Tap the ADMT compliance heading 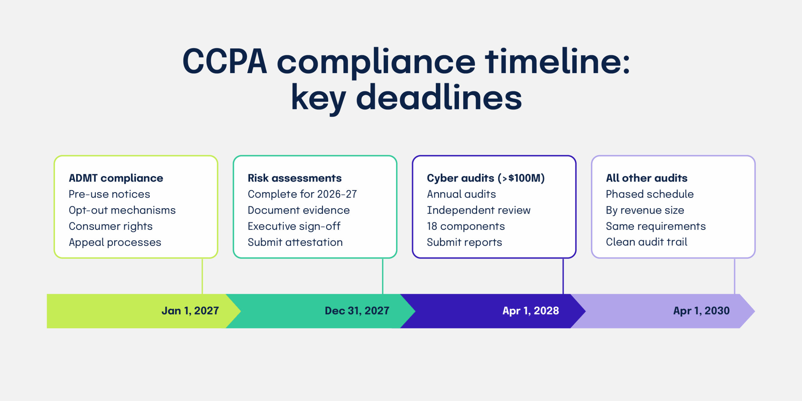(x=116, y=178)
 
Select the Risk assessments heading (x=294, y=178)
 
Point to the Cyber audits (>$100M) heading (x=486, y=178)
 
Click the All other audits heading (x=647, y=178)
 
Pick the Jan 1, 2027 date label (x=190, y=311)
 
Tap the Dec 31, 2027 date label (x=357, y=311)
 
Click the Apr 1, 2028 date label (x=531, y=311)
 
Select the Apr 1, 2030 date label (x=701, y=311)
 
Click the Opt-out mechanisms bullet (x=122, y=210)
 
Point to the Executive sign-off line (x=294, y=226)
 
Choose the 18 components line (x=466, y=226)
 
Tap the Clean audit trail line (x=647, y=242)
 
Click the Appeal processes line (x=115, y=242)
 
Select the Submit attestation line (x=295, y=242)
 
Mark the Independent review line (x=479, y=210)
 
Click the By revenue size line (x=645, y=210)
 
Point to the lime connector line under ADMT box (x=202, y=276)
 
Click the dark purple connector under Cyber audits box (x=563, y=276)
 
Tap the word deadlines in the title (x=439, y=98)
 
